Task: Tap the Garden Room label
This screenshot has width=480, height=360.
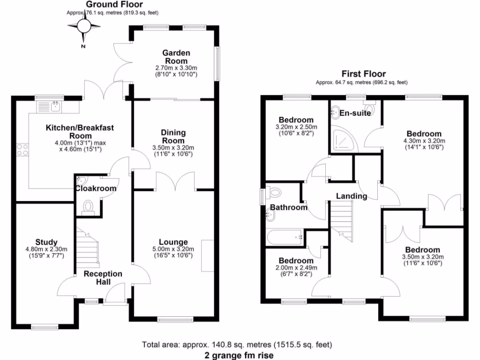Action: [x=175, y=57]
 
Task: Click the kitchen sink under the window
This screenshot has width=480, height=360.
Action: [x=56, y=107]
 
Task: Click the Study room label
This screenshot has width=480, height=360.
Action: [x=46, y=242]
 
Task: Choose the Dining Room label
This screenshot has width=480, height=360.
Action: [x=173, y=136]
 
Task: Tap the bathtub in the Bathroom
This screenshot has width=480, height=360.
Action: [x=285, y=238]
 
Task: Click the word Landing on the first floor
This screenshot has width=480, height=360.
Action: [x=352, y=196]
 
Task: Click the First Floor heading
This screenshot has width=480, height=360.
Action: [x=363, y=74]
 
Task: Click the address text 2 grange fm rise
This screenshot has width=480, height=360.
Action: [x=239, y=355]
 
